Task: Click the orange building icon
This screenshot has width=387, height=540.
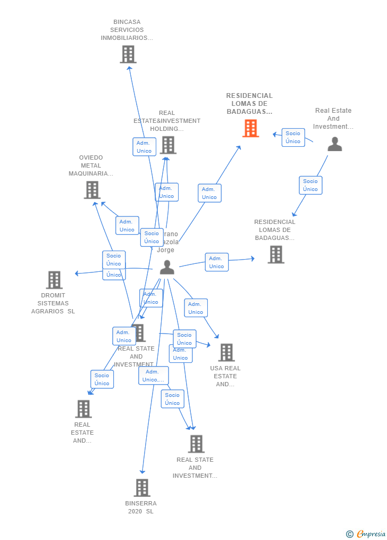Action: (x=250, y=128)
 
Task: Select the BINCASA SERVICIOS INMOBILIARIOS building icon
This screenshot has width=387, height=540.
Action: (x=128, y=54)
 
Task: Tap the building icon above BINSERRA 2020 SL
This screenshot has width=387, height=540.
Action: (x=141, y=487)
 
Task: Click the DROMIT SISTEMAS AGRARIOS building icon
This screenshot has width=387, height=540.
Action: (x=54, y=280)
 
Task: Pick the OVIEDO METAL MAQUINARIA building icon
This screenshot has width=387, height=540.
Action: (x=92, y=190)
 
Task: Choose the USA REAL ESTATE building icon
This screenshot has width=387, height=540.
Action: (x=226, y=352)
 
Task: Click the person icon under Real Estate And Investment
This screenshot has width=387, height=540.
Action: (x=334, y=144)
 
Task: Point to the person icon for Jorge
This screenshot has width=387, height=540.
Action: (x=167, y=267)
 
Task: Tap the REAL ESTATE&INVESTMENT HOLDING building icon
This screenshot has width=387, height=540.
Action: (x=167, y=145)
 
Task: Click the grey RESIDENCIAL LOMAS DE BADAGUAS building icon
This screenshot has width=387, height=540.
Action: (x=275, y=254)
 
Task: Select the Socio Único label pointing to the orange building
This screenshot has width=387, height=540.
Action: (x=293, y=137)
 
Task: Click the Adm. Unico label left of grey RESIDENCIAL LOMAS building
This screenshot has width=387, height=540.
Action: (x=216, y=262)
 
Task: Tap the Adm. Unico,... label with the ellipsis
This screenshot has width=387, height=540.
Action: (x=153, y=376)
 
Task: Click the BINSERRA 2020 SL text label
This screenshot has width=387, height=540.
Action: (x=141, y=507)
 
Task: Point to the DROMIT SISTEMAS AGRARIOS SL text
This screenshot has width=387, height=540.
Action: (x=53, y=303)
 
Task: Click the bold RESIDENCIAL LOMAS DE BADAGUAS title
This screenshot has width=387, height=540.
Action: (x=249, y=104)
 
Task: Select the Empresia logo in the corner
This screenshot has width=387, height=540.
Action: (x=371, y=534)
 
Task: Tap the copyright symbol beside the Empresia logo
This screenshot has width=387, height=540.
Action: (x=350, y=534)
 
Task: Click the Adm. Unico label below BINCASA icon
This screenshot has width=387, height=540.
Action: (x=144, y=147)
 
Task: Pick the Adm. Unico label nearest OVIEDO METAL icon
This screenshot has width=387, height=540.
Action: (x=127, y=226)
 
